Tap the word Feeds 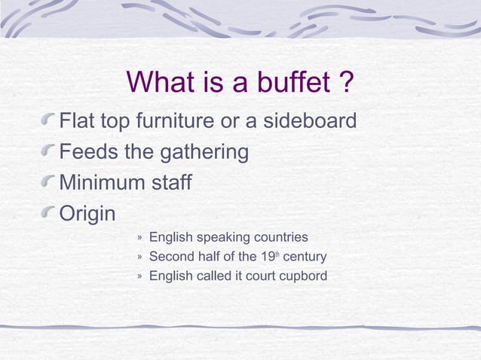[x=88, y=151]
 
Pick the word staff [x=170, y=183]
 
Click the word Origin [x=87, y=215]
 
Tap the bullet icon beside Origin [x=49, y=214]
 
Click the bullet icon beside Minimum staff [x=49, y=182]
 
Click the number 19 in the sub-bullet [x=265, y=258]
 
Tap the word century [x=305, y=258]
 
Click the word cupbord [x=302, y=276]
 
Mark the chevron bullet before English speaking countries [x=139, y=238]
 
